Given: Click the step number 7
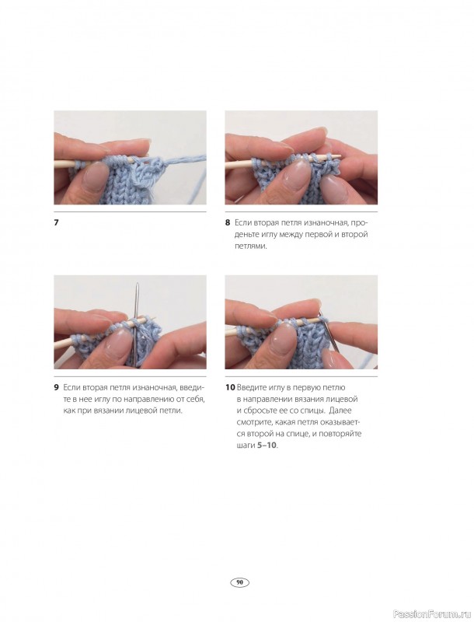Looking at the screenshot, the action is (x=56, y=222).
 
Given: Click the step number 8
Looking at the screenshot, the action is (x=228, y=222).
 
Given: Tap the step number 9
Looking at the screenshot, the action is (x=56, y=387).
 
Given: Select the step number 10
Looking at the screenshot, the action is (x=230, y=387).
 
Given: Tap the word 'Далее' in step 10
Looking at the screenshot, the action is (x=340, y=411).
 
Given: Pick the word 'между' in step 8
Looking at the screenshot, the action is (x=291, y=235).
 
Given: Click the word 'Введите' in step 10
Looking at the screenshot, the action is (x=252, y=387).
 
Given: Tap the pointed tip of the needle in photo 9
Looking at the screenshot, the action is (x=137, y=283).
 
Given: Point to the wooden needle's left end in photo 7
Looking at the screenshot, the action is (x=55, y=169).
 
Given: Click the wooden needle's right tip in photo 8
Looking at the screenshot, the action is (x=342, y=157).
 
